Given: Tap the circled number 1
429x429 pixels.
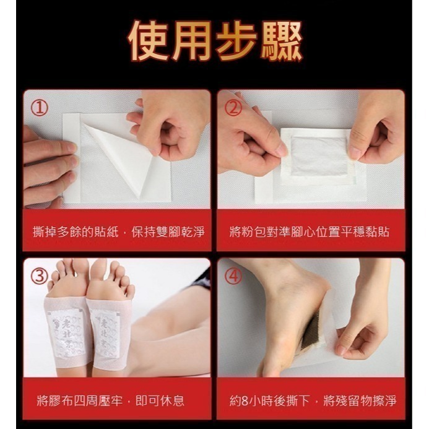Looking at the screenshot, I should pyautogui.click(x=40, y=108).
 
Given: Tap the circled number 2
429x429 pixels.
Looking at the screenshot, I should pyautogui.click(x=233, y=108).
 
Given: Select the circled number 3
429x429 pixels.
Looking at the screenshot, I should pyautogui.click(x=40, y=276).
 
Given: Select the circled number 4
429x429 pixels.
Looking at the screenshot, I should pyautogui.click(x=233, y=276).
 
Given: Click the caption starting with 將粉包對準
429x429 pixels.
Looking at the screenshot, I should pyautogui.click(x=310, y=232).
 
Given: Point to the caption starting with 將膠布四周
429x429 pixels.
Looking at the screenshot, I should pyautogui.click(x=110, y=401).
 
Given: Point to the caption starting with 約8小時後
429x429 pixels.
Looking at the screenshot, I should pyautogui.click(x=313, y=401).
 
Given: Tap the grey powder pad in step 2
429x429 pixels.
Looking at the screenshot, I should pyautogui.click(x=318, y=156).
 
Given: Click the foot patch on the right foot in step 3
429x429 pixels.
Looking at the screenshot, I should pyautogui.click(x=106, y=331).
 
